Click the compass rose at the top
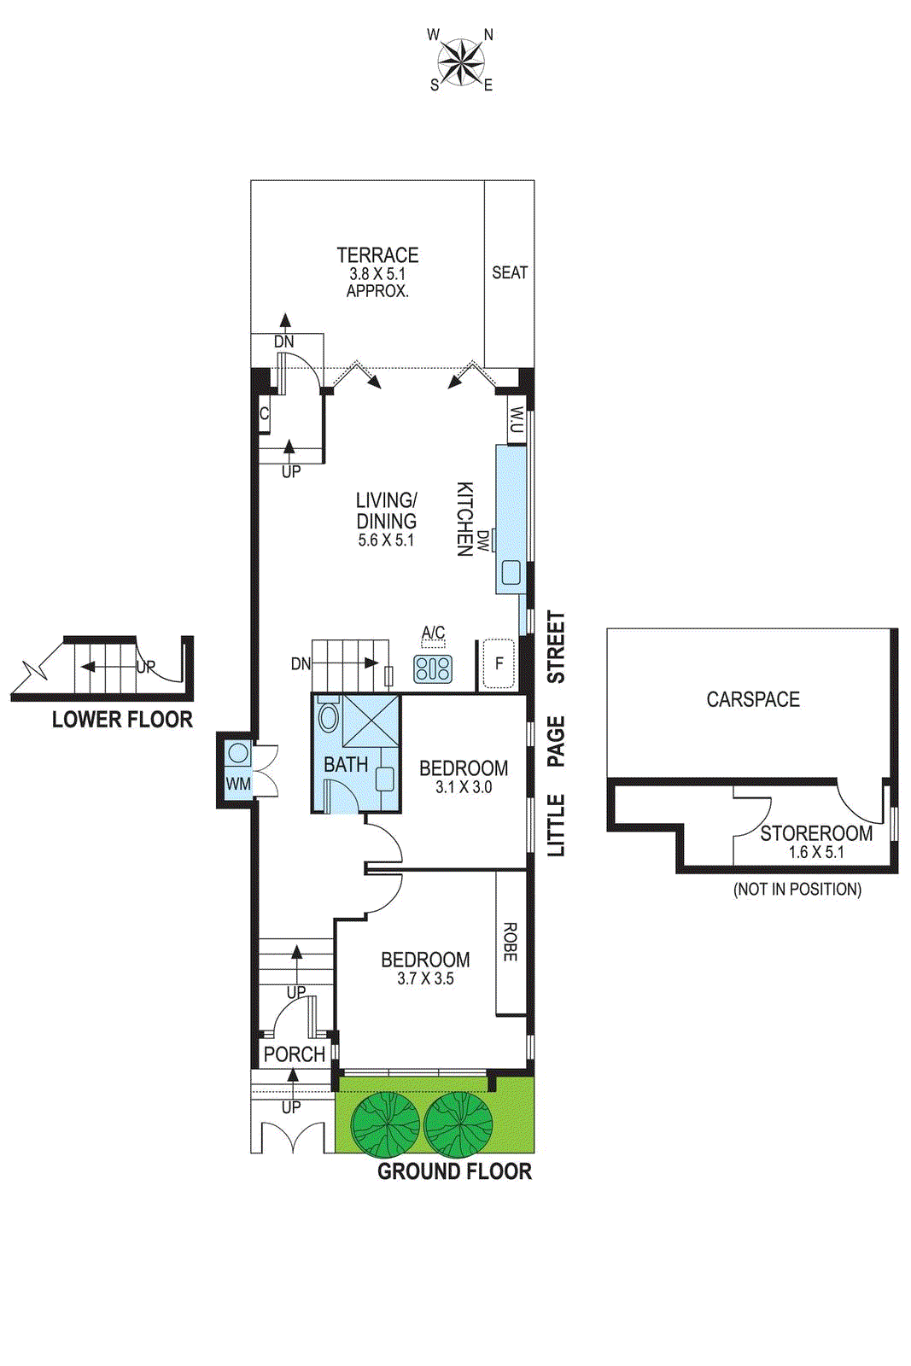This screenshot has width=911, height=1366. click(x=461, y=61)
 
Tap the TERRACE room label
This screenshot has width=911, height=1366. click(x=377, y=255)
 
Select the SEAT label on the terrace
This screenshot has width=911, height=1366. click(x=510, y=273)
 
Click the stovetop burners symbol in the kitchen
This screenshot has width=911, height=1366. click(x=433, y=668)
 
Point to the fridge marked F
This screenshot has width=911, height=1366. click(x=499, y=663)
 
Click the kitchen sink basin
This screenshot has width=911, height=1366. click(x=511, y=572)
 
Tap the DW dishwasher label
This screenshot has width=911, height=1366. click(x=484, y=540)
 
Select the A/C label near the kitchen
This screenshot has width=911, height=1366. click(x=434, y=633)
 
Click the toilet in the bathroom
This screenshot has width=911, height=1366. click(x=328, y=718)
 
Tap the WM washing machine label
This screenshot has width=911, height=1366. click(x=238, y=784)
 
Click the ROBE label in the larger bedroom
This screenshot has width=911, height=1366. click(x=511, y=943)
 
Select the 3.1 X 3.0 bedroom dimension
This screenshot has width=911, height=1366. click(x=464, y=787)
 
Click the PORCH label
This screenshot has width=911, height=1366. click(x=295, y=1054)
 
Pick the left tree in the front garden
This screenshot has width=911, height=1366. click(x=385, y=1124)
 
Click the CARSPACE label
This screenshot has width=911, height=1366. click(x=753, y=699)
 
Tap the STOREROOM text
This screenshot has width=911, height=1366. click(x=816, y=833)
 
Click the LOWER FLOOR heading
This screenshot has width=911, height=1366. click(x=122, y=720)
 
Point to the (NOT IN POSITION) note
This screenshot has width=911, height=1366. click(x=797, y=890)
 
